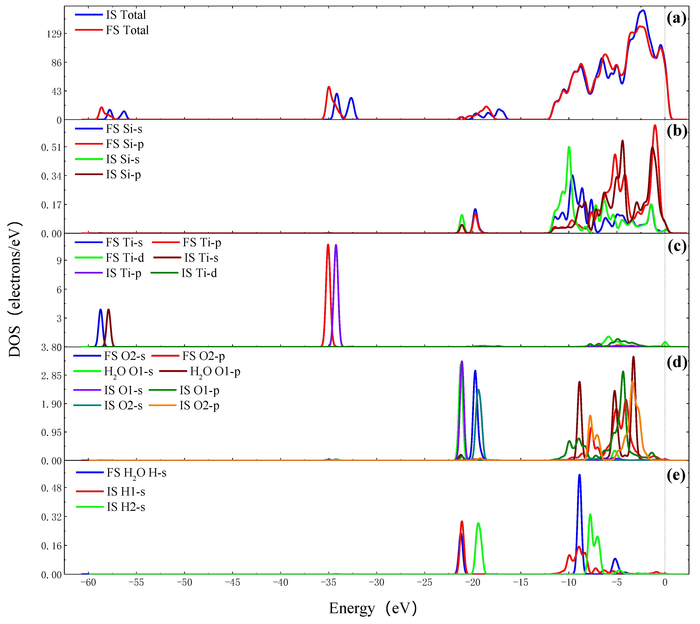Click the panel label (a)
click(x=676, y=18)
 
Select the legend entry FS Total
click(x=127, y=30)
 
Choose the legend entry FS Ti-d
click(x=124, y=258)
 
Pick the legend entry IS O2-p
click(x=199, y=406)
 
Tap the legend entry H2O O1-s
click(x=128, y=372)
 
